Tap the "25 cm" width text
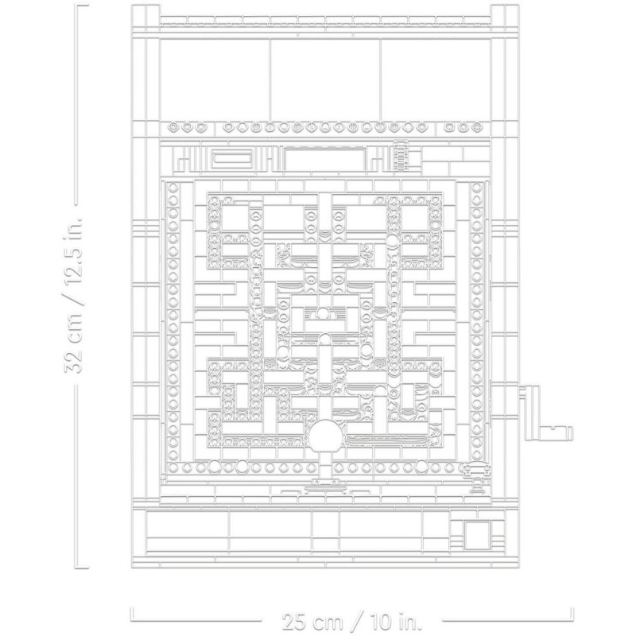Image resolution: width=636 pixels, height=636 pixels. point(311,622)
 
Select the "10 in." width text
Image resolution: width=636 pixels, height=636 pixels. point(395,622)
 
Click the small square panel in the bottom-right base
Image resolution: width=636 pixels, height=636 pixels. point(476,534)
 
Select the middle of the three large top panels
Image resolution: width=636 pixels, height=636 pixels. point(325,79)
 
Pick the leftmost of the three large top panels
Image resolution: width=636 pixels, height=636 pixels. point(215,79)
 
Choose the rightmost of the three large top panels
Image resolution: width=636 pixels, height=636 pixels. point(436,79)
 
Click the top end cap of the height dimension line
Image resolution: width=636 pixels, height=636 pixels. point(82,6)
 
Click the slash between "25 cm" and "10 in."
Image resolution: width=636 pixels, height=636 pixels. point(355,622)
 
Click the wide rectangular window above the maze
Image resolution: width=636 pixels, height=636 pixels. point(324,158)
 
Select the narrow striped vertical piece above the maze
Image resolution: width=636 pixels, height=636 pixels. point(401,155)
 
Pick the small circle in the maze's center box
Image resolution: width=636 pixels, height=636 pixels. point(322,313)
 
